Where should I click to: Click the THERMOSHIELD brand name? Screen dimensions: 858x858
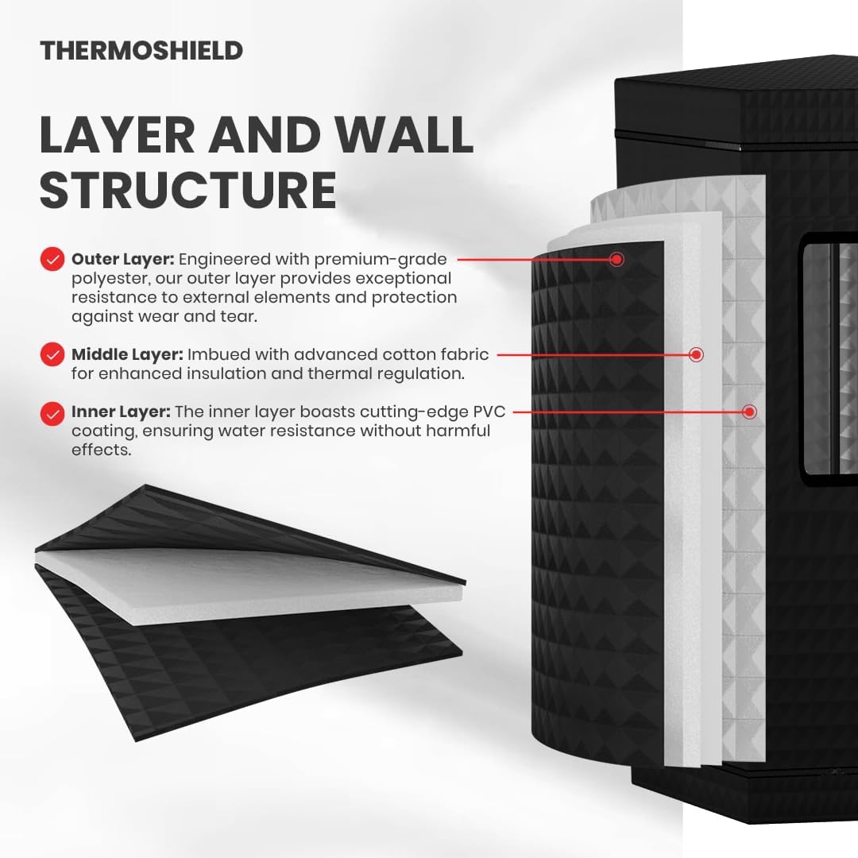(x=141, y=51)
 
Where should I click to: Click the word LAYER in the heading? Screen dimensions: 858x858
(x=117, y=134)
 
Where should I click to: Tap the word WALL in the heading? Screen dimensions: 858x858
(x=404, y=134)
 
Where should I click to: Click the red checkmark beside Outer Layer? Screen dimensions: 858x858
(x=52, y=259)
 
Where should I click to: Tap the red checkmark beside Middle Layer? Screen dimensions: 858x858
(x=52, y=354)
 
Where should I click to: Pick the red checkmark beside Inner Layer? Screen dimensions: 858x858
(x=52, y=413)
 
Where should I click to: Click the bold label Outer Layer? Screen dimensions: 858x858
(x=122, y=259)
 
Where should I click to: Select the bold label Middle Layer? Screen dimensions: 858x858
(x=127, y=354)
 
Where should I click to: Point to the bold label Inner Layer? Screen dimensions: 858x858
(x=121, y=412)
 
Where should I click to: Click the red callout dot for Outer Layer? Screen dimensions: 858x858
(x=616, y=259)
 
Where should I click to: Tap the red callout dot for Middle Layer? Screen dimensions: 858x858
(x=696, y=354)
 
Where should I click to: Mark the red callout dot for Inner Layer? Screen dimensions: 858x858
(x=750, y=412)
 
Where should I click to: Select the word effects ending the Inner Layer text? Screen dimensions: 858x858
(x=101, y=450)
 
